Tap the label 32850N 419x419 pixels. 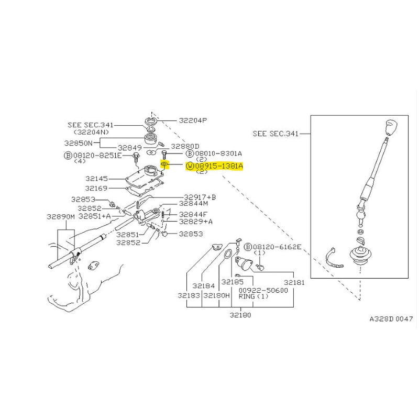coord(78,142)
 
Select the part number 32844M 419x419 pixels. coord(193,204)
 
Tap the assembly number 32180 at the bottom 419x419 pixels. coord(239,315)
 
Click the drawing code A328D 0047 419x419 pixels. coord(391,318)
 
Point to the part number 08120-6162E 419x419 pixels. coord(277,247)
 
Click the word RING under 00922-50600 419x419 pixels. coord(247,296)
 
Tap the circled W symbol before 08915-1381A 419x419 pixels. coord(189,167)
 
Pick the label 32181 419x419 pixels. coord(294,282)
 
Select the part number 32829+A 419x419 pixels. coord(196,222)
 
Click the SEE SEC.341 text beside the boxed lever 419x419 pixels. coord(275,134)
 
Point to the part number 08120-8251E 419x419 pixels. coord(97,156)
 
